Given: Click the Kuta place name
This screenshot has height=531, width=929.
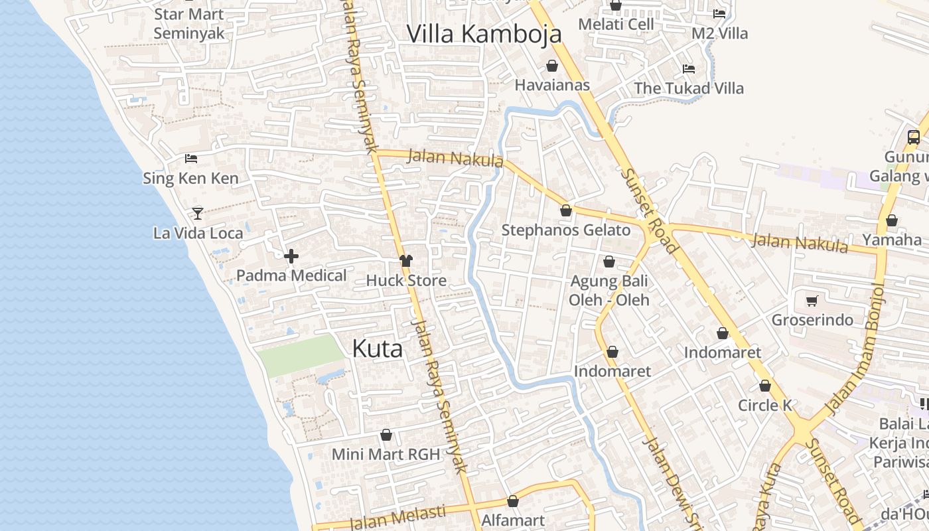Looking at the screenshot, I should pos(377,348).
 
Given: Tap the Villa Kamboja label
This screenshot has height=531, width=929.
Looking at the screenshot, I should pos(484,34).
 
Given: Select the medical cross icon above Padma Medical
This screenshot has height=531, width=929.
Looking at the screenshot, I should pos(291,256).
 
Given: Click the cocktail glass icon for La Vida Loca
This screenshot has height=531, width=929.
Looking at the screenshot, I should pos(197,213).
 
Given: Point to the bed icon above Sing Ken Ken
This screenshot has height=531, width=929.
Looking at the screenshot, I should pos(191,158).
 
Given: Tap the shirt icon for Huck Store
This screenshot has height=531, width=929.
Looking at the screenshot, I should pos(406,261).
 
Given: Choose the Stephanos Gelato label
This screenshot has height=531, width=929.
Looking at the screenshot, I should pos(565,230).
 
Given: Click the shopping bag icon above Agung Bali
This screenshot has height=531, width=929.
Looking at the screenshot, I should pos(608,262).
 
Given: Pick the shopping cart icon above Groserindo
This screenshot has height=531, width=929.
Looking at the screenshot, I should pos(812,301).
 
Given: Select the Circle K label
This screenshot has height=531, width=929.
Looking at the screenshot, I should pos(765,405).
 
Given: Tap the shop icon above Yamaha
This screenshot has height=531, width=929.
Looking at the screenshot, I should pos(892,220).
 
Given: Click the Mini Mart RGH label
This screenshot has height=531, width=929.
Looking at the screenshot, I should pos(386,455).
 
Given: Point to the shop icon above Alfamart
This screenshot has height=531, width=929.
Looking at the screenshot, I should pos(512,501).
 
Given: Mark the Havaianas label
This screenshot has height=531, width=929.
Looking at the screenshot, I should pos(552,85).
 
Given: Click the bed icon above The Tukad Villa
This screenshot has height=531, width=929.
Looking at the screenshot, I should pos(689,68).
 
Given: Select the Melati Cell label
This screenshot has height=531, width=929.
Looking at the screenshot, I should pos(616,24).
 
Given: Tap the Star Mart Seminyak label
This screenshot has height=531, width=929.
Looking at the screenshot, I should pos(188,23).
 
